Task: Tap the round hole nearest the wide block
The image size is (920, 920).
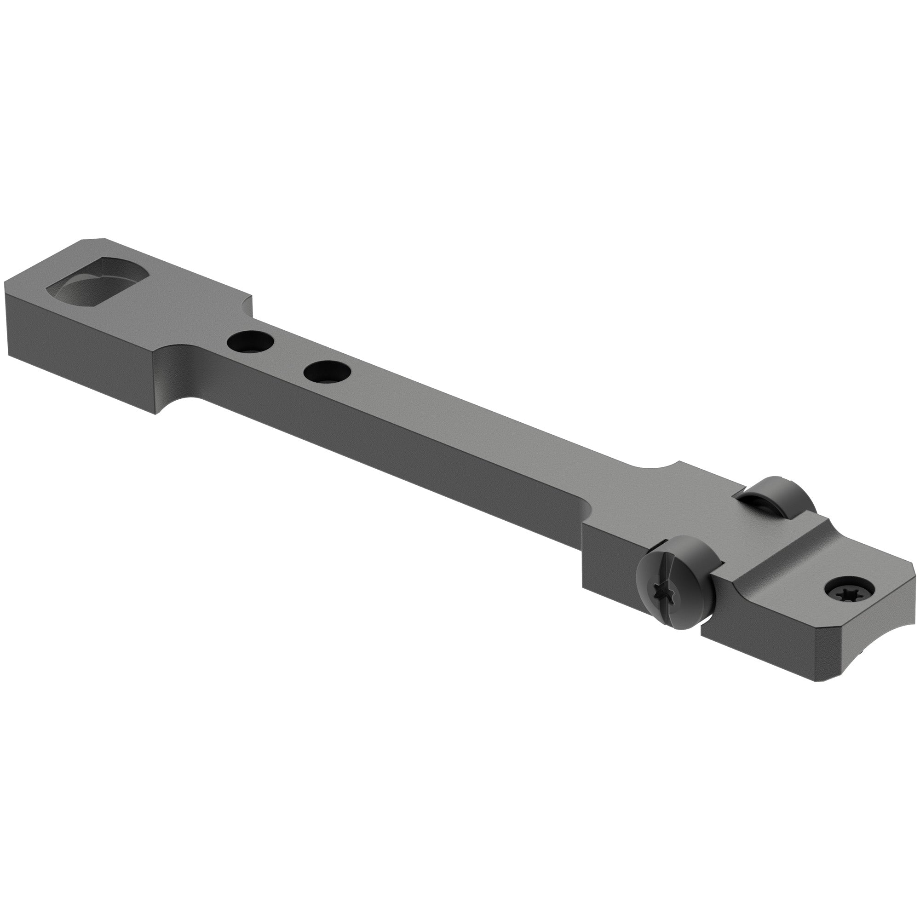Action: [251, 341]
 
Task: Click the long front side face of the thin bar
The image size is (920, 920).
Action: [381, 452]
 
